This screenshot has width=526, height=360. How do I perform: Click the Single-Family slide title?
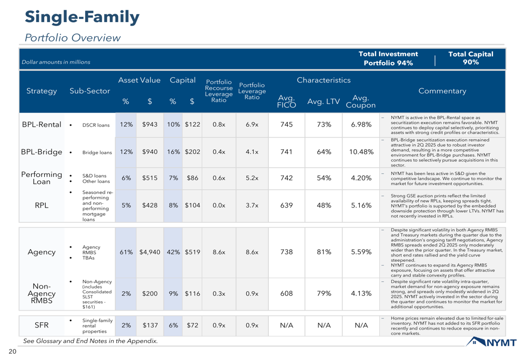click(82, 17)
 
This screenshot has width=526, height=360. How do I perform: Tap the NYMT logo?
click(491, 342)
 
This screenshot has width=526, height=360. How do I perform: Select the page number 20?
click(13, 351)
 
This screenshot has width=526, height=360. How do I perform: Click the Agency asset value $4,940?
click(149, 252)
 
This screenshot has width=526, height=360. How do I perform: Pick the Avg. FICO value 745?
click(287, 125)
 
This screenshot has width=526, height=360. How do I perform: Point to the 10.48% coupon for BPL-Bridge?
click(361, 152)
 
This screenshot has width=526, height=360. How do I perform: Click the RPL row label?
click(42, 205)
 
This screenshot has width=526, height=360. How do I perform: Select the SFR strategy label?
click(42, 325)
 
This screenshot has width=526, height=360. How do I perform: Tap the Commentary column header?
click(442, 91)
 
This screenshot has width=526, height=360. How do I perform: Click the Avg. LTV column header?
click(323, 101)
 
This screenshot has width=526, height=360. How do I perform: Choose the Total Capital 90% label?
click(471, 58)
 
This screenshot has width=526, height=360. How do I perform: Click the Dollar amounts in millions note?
click(56, 62)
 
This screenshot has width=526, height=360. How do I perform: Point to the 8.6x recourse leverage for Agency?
click(219, 252)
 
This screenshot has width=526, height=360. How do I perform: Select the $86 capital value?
click(193, 178)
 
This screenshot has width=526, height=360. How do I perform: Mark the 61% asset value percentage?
click(126, 252)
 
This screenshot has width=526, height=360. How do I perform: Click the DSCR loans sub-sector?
click(96, 125)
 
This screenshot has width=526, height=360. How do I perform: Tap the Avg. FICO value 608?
click(287, 294)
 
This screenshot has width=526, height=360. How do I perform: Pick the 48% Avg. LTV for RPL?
click(324, 205)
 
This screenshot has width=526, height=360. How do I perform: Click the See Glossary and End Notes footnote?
click(90, 341)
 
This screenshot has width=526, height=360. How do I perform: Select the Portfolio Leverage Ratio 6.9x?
click(252, 125)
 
